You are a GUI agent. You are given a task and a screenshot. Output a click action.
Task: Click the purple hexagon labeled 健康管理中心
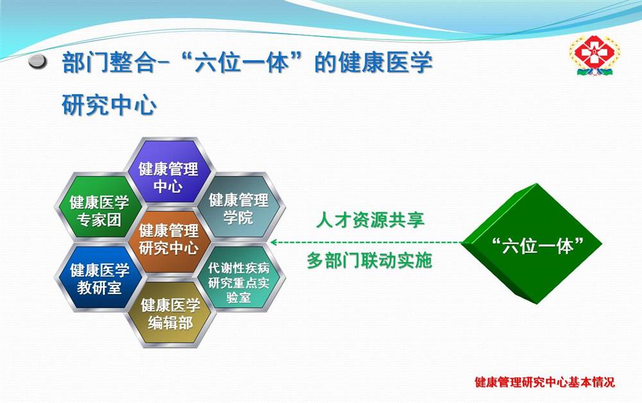(x=169, y=171)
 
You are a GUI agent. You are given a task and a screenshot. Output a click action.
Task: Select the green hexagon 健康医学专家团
(x=99, y=207)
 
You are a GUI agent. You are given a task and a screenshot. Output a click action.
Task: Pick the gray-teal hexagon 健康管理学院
(x=239, y=207)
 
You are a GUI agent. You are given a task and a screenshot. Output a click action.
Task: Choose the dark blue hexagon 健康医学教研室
(x=99, y=277)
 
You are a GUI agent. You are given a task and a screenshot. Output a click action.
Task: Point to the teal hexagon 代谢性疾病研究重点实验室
(x=239, y=277)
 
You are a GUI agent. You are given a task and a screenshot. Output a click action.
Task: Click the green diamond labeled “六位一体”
(x=532, y=244)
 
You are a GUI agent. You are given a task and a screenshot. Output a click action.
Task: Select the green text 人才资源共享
(x=370, y=220)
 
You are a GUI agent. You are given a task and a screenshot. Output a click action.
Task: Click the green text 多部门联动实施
(x=369, y=261)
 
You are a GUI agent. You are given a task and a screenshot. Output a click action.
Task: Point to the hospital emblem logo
(x=594, y=55)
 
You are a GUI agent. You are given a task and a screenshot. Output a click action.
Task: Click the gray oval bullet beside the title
(x=38, y=62)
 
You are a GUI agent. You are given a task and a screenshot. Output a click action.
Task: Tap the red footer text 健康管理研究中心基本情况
(x=544, y=382)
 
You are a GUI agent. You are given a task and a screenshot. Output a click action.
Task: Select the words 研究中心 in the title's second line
(x=109, y=105)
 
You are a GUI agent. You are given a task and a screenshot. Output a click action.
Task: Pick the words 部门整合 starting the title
(x=109, y=63)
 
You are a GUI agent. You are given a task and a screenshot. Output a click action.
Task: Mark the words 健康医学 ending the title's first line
(x=386, y=63)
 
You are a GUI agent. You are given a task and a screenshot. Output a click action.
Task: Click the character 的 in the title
(x=326, y=63)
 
